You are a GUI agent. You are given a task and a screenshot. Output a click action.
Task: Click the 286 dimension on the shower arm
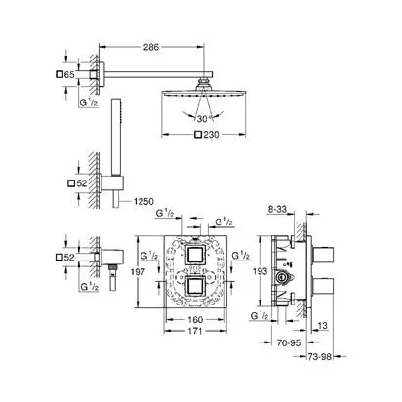[151, 47]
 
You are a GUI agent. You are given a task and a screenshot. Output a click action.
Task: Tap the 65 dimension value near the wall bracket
[69, 75]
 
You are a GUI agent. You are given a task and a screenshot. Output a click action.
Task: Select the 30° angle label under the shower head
[203, 119]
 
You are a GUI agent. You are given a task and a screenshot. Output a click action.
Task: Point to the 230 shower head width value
[211, 135]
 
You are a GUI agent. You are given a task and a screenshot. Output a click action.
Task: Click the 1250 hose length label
[143, 202]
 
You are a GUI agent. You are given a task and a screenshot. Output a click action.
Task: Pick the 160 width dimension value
[195, 320]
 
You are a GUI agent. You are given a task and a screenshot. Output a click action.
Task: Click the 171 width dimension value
[195, 331]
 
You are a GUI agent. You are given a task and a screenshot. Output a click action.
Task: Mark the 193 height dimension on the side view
[261, 271]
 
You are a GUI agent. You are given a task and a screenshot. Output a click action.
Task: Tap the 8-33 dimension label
[277, 209]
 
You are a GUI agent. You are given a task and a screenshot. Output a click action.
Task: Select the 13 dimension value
[323, 325]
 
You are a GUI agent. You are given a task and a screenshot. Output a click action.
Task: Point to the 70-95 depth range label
[289, 342]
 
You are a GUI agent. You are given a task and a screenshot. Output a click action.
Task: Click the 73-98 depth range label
[320, 357]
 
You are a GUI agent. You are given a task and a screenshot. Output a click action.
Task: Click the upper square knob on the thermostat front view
[195, 255]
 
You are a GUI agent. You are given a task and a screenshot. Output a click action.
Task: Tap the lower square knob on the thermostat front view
[195, 286]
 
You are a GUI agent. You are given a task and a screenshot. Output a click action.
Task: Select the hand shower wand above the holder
[114, 137]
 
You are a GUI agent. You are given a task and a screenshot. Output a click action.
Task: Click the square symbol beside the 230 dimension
[198, 135]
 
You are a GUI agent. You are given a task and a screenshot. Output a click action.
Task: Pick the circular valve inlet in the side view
[280, 277]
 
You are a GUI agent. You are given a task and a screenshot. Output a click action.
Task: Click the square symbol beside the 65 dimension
[60, 74]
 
